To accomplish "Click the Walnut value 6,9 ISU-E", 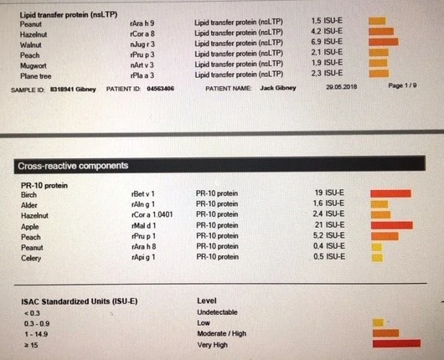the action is click(327, 42).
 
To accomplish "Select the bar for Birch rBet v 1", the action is click(390, 193).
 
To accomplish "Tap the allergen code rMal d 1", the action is click(143, 226).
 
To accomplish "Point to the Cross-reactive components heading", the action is click(73, 166).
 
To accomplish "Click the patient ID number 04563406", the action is click(160, 89).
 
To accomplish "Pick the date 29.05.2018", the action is click(342, 87).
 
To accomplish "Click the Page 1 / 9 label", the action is click(402, 85).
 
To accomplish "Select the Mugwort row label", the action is click(34, 65).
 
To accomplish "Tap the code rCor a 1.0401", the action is click(152, 215).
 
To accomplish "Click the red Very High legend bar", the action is click(396, 343).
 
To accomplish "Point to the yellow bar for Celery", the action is click(377, 258).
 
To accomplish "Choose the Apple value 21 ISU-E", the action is click(329, 225).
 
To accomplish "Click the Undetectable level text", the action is click(217, 312).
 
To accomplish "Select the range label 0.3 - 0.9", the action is click(37, 324).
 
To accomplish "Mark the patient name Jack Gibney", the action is click(278, 88).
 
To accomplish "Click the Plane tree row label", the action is click(36, 76).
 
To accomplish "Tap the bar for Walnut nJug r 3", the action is click(384, 42).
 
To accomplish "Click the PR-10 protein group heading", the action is click(44, 186).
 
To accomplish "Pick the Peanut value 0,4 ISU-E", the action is click(329, 246).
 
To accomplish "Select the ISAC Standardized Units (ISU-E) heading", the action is click(80, 301).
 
